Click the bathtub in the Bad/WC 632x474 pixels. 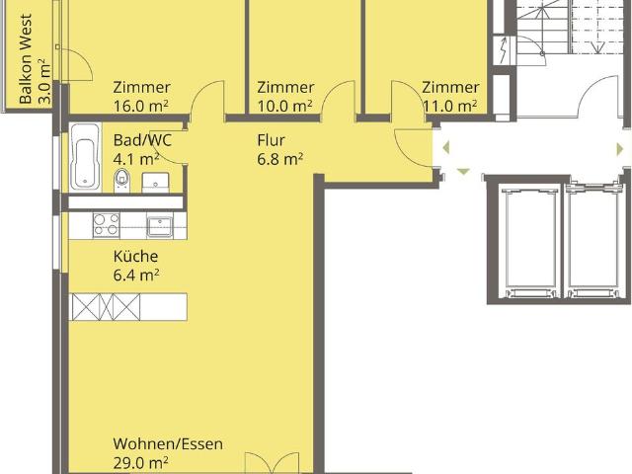(85, 157)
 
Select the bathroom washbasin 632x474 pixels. (156, 182)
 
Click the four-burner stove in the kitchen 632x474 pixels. (107, 225)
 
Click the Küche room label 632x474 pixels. (135, 257)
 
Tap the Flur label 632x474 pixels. (271, 140)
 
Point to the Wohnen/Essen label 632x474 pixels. (168, 443)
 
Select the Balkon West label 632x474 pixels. (26, 59)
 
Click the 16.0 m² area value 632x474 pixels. (140, 107)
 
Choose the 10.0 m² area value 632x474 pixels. (285, 107)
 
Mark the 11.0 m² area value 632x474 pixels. (450, 107)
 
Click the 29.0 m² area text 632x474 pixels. (140, 463)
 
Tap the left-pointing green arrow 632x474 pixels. (445, 147)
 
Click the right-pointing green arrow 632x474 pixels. (620, 149)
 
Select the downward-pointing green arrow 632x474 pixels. (463, 172)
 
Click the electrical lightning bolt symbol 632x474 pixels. (504, 50)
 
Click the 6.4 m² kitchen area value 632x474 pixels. (136, 276)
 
